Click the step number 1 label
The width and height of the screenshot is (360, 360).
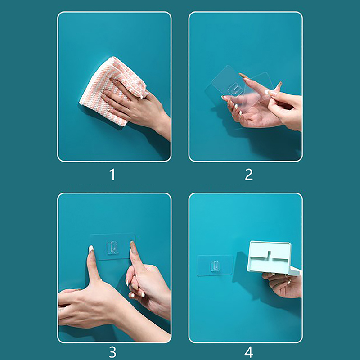click(112, 175)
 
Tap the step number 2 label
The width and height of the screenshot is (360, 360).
click(249, 175)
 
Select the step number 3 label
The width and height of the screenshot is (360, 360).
click(112, 352)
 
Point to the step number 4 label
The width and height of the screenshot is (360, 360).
click(249, 352)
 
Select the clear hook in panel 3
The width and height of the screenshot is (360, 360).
click(112, 247)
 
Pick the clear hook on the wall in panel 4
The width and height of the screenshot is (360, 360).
click(215, 265)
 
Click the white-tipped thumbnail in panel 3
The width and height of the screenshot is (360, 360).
click(91, 249)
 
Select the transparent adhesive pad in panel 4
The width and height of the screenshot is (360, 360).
click(215, 265)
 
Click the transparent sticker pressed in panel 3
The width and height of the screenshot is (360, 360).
click(112, 247)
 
